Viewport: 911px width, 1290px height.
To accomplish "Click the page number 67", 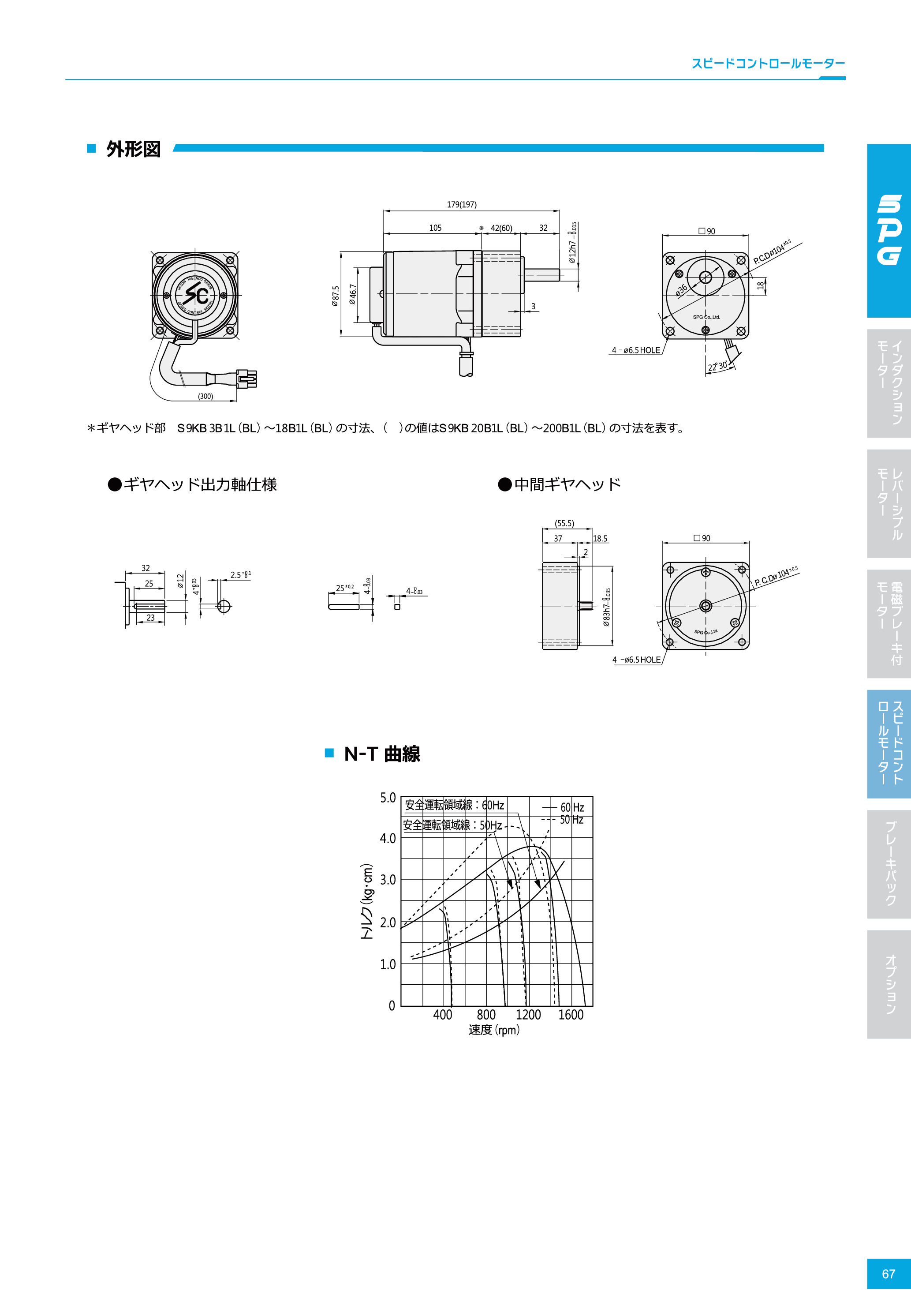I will click(889, 1273).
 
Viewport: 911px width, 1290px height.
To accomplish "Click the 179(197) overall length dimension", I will click(462, 205).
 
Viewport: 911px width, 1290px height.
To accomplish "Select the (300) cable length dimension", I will click(205, 396).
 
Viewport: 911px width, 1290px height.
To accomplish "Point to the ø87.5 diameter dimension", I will click(335, 296).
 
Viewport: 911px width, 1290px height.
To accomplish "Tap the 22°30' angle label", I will click(717, 366).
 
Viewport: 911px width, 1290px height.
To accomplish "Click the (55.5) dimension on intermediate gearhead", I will click(564, 523).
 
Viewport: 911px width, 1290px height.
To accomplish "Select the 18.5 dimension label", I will click(600, 538).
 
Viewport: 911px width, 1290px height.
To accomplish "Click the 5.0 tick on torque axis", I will click(388, 798).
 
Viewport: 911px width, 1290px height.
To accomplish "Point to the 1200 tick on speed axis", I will click(528, 1015).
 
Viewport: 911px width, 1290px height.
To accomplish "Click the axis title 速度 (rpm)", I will click(494, 1030).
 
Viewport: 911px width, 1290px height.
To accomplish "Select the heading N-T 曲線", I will click(382, 754).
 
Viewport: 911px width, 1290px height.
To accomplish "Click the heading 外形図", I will click(134, 149).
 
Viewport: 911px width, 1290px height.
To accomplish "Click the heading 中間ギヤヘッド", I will click(567, 484).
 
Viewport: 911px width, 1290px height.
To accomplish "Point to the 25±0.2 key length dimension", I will click(344, 588).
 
